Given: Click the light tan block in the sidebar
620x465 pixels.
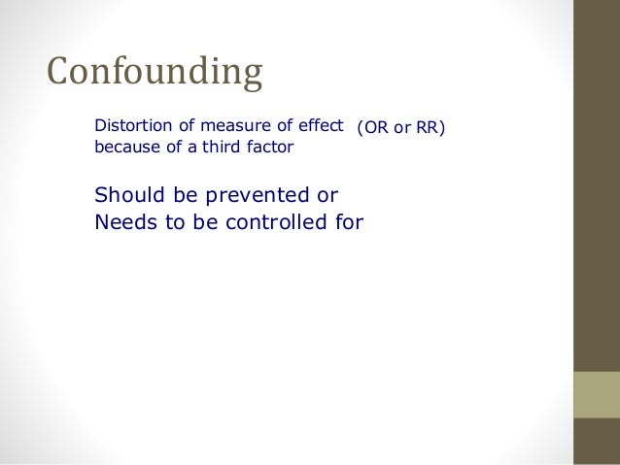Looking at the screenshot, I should tap(597, 394).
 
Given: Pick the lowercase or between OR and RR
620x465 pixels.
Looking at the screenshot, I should tap(400, 127).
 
